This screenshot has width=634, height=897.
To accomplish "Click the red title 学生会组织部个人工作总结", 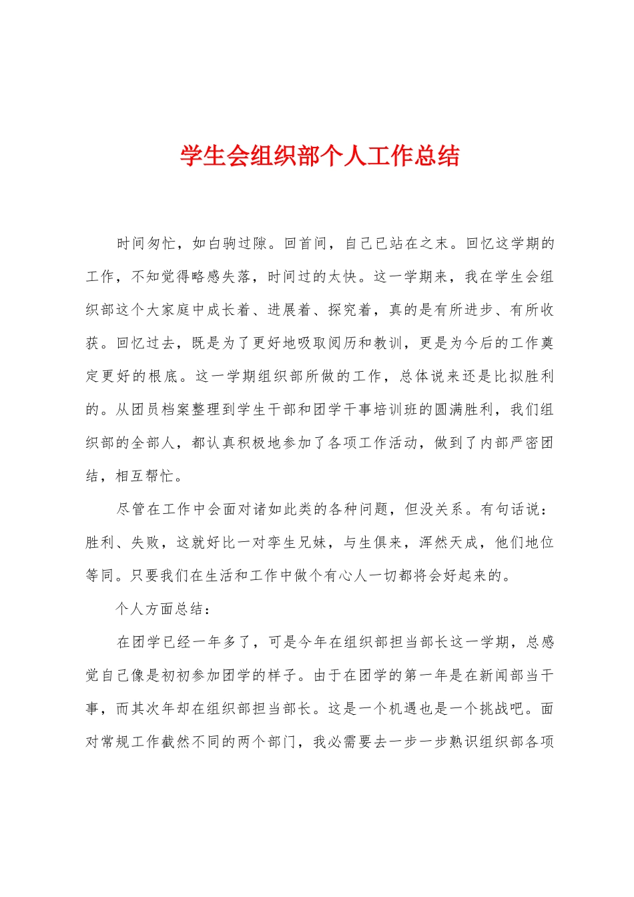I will (320, 156).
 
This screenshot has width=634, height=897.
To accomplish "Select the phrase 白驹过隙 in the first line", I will (238, 244).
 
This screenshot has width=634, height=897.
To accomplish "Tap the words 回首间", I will (306, 244).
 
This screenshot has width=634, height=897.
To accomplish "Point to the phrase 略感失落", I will (222, 277).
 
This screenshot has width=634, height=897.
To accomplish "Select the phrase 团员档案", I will (162, 410).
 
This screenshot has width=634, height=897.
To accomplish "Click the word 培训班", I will (396, 410).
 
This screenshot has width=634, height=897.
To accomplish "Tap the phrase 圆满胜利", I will (464, 410).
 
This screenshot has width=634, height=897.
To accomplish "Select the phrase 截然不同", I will (191, 742).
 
